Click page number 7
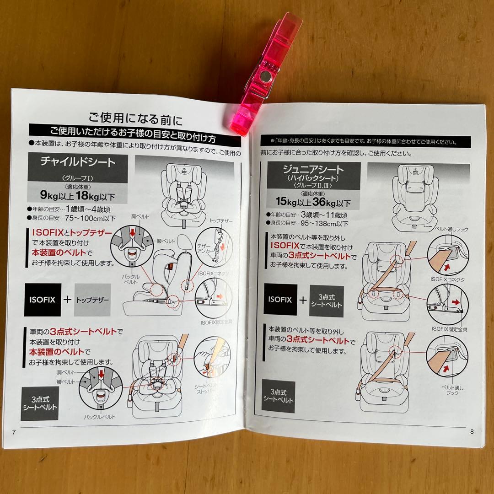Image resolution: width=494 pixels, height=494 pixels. point(14,432)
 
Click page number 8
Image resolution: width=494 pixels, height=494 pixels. point(472,431)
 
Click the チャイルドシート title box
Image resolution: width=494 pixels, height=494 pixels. point(78,161)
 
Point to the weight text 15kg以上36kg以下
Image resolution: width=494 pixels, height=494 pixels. point(313,202)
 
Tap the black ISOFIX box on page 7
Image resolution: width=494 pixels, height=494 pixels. point(43,300)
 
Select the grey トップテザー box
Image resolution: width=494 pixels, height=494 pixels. point(92,301)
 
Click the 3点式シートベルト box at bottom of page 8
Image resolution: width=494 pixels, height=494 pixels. point(278,396)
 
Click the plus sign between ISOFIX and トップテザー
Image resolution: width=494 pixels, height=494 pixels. point(67,301)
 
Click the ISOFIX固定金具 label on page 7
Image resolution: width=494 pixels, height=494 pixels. point(214,322)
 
